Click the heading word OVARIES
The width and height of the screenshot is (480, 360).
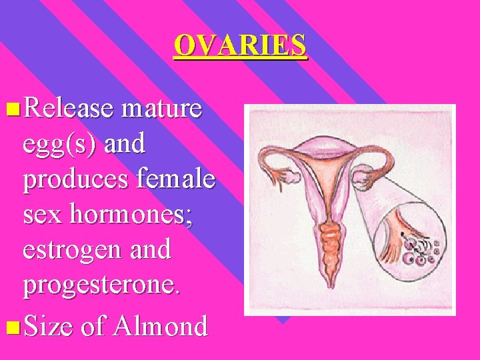240,45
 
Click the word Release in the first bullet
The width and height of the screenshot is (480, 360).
68,109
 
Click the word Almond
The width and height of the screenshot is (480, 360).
161,326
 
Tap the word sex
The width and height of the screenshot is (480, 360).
43,215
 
